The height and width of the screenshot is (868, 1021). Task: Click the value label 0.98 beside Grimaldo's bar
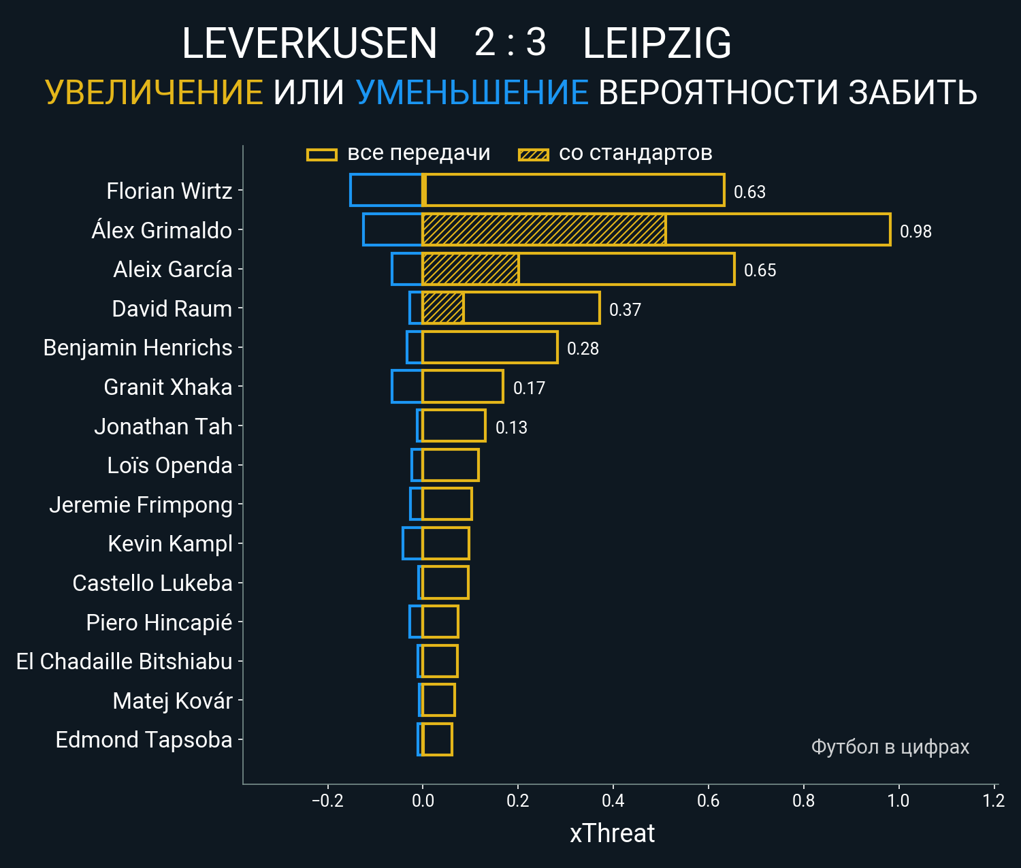915,231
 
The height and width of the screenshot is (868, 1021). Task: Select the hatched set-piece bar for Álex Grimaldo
543,229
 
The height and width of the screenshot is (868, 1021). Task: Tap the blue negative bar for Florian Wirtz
386,190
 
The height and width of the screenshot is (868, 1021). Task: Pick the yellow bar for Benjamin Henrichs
489,347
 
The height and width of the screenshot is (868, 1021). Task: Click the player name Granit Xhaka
167,387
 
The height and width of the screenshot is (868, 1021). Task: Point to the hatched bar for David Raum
443,308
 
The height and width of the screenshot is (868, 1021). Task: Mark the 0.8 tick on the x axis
803,800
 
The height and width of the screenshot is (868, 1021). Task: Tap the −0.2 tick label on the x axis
327,800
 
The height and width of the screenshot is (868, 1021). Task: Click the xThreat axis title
612,833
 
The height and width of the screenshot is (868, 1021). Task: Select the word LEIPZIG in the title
657,44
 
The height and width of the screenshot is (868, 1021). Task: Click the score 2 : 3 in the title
510,42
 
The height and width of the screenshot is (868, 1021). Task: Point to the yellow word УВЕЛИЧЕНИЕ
154,93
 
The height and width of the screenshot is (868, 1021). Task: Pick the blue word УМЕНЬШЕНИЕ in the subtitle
472,93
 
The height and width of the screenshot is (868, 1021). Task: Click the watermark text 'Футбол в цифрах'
890,747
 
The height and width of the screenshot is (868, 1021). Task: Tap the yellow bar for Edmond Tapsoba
437,739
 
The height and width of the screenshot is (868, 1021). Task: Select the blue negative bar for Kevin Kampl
412,543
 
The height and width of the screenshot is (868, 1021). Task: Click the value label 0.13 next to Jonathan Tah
511,428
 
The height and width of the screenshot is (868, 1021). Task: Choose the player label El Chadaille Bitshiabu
124,661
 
